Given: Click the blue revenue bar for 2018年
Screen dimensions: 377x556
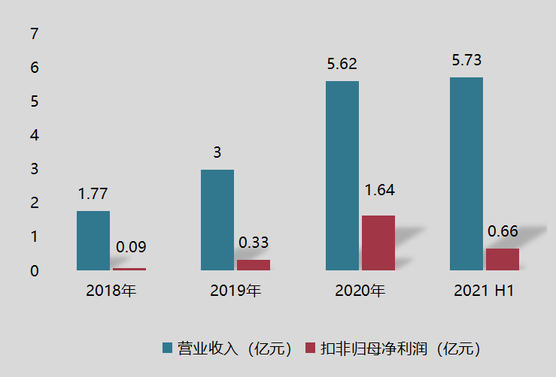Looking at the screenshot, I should (93, 240).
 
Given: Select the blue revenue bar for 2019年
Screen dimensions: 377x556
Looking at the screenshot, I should (217, 219).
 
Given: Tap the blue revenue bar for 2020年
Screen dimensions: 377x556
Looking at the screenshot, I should (342, 175).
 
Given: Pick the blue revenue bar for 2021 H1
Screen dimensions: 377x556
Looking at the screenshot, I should (466, 173).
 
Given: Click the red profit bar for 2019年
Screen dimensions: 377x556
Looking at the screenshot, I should (254, 264).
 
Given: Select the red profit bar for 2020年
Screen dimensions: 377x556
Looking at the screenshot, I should (378, 243).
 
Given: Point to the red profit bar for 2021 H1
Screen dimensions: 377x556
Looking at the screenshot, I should (503, 259).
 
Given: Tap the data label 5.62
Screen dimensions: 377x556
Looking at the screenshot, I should (342, 65).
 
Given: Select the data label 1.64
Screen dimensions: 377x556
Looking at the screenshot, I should (379, 190).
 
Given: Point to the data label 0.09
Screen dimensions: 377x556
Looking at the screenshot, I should (131, 246).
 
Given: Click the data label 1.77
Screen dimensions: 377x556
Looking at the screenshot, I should (93, 194).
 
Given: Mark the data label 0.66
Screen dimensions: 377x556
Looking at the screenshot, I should (503, 231).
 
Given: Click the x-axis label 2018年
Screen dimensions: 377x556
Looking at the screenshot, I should (111, 291).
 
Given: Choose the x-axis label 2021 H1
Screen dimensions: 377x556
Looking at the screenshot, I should (484, 291).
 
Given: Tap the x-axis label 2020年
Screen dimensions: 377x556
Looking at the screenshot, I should (360, 291).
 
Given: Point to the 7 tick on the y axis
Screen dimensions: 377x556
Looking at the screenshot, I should (33, 34).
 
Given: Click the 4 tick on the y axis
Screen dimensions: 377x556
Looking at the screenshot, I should (33, 135).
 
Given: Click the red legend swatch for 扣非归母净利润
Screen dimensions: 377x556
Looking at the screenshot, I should (310, 348).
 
